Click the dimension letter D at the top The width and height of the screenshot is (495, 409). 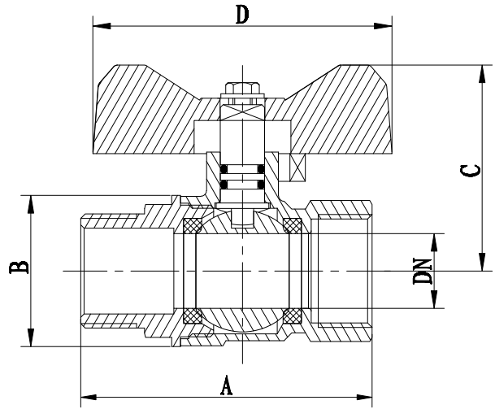tap(241, 15)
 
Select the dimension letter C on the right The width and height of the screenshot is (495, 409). tap(469, 171)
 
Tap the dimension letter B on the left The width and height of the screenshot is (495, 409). tap(15, 268)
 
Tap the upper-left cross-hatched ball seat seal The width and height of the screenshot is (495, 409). tap(194, 225)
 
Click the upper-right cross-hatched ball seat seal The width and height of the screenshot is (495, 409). tap(293, 225)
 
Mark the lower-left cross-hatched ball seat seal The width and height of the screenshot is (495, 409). tap(194, 315)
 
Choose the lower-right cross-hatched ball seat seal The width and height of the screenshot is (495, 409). tap(293, 315)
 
